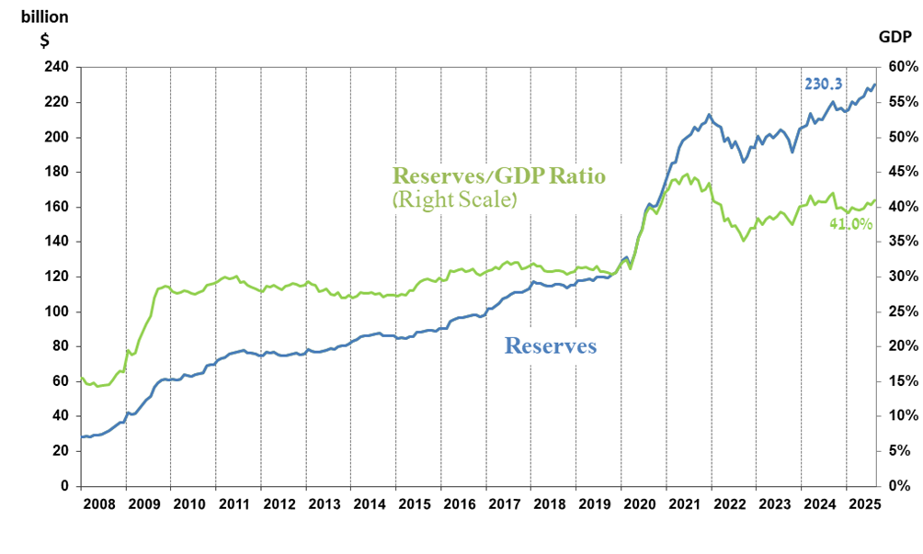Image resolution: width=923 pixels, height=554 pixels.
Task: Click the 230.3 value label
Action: [824, 83]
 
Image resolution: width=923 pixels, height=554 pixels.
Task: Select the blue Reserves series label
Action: [551, 346]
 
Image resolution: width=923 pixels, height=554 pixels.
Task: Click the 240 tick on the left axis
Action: [56, 67]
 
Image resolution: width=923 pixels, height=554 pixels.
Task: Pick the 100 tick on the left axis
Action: [56, 311]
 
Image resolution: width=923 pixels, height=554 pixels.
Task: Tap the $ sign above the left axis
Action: [43, 39]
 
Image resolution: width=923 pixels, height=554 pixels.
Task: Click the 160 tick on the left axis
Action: [56, 207]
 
